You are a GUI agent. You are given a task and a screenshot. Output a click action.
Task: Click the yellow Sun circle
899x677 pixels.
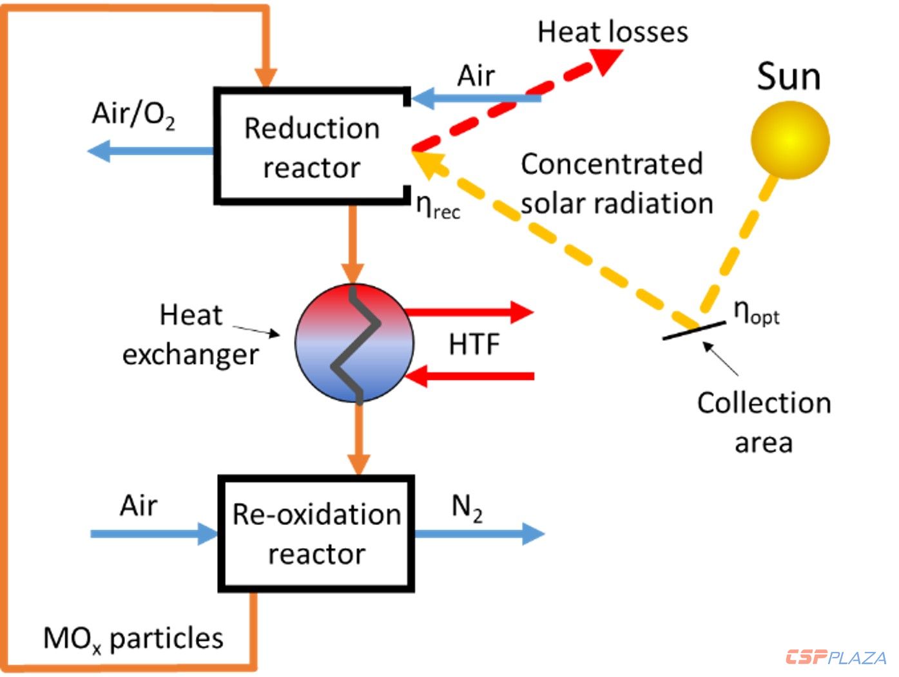pos(790,140)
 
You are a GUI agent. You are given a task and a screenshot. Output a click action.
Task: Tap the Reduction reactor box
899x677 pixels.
pos(313,147)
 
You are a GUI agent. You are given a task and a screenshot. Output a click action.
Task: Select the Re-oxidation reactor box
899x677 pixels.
pos(316,534)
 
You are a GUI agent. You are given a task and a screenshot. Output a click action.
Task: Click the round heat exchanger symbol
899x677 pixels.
pos(354,343)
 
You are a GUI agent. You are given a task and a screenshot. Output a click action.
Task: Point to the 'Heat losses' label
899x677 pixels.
pos(613,32)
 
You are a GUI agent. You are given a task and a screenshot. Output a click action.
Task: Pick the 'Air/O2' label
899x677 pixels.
pos(133,115)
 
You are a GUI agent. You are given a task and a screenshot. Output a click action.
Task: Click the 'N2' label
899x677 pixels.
pos(467,508)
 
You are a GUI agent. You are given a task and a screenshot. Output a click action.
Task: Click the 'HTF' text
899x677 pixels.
pos(474,345)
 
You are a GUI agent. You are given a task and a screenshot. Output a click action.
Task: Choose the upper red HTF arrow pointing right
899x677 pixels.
pos(470,312)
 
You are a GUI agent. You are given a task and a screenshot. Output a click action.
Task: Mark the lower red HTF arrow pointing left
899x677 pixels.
pos(470,376)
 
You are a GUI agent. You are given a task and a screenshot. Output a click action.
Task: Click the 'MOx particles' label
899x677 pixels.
pos(133,639)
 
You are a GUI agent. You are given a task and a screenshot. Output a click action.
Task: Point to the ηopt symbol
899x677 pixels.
pos(757,313)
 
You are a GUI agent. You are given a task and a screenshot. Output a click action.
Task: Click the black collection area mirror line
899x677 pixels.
pos(693,330)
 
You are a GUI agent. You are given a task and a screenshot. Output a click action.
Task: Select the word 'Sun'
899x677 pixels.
pos(789,77)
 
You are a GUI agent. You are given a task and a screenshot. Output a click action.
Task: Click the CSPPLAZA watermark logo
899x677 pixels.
pos(836,658)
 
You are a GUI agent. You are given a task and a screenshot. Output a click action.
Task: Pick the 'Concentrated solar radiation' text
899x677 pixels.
pos(617,184)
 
